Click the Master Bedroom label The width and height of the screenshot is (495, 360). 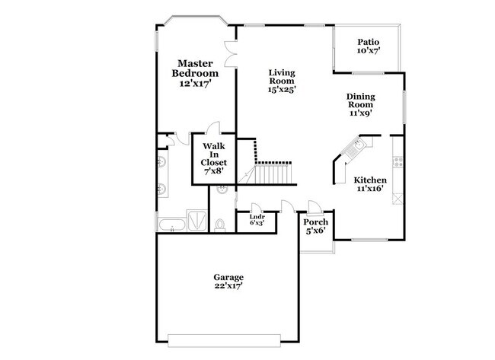pos(194,68)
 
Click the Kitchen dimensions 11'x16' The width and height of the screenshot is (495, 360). pos(369,190)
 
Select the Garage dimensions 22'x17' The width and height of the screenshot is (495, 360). pos(228,287)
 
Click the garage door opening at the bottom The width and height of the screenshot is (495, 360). pos(228,339)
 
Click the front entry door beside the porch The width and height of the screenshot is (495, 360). pos(286,205)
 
